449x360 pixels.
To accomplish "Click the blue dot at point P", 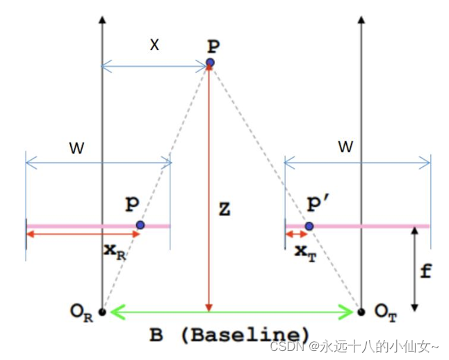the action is [210, 63].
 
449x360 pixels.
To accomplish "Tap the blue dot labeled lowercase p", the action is [140, 225].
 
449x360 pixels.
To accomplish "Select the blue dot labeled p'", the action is [309, 226].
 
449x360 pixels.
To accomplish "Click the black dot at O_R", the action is [102, 312].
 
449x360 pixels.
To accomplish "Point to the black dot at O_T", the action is [361, 312].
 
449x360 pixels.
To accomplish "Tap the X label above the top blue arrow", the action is [154, 45].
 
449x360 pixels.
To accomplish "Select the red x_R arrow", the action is [83, 234].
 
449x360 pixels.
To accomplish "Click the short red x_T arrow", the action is [296, 234].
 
